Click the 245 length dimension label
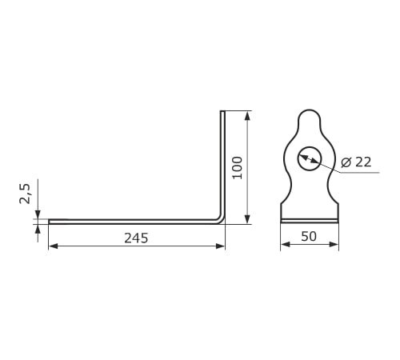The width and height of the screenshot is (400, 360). pos(136,238)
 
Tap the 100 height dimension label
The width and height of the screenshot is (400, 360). pos(238,168)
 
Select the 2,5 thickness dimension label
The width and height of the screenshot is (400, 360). pos(26,194)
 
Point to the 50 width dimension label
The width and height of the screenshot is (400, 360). pos(309,236)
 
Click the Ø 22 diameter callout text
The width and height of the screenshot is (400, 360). pos(356,162)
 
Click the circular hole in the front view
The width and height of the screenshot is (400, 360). pos(310,158)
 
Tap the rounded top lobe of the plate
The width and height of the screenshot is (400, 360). pos(310,115)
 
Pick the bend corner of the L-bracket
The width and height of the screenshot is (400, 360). pos(222,221)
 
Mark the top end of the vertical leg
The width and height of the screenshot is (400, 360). pos(222,111)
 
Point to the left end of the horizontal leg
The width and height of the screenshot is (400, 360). pos(50,222)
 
